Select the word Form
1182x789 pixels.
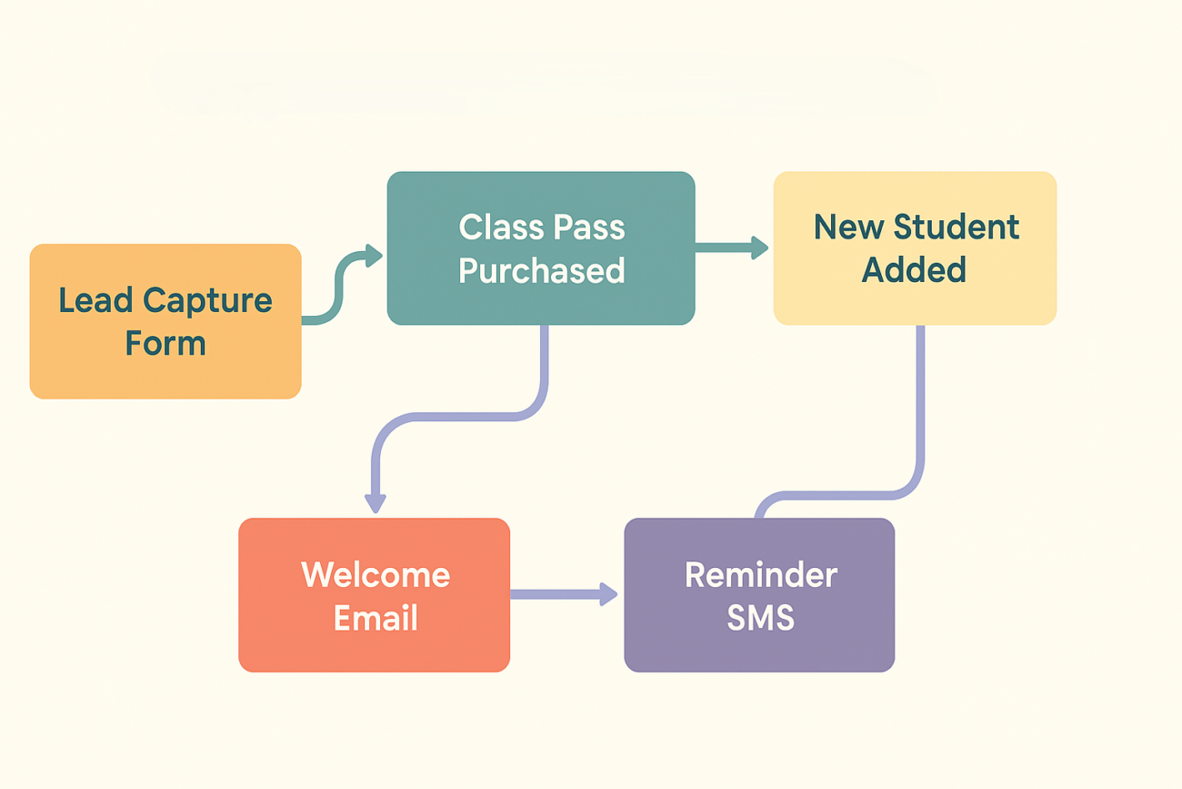point(165,344)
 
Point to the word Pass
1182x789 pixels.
point(586,227)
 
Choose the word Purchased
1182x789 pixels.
point(542,270)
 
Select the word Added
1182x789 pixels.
point(914,270)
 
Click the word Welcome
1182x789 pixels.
point(376,575)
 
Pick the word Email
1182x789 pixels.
point(376,619)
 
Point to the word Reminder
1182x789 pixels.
point(760,575)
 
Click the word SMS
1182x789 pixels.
point(760,619)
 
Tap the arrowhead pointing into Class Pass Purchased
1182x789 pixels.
point(373,256)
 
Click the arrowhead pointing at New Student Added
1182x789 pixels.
point(759,247)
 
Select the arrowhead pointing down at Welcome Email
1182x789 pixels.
point(375,502)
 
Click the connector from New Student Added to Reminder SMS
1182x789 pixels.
point(920,410)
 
